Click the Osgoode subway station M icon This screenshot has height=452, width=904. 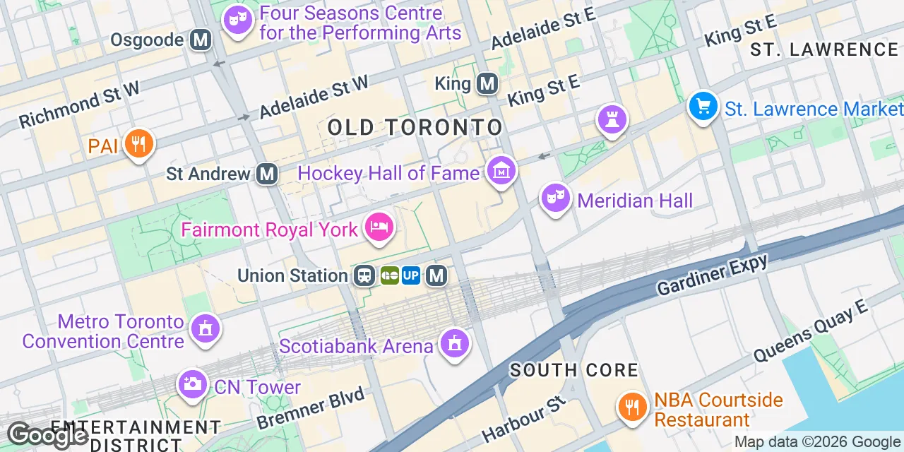coord(201,40)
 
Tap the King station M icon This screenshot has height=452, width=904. coord(487,84)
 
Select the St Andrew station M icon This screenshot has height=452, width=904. coord(266,173)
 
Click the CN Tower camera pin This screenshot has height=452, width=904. coord(192,385)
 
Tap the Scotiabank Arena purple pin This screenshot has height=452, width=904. coord(454,344)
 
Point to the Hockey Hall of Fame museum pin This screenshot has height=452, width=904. coord(501,171)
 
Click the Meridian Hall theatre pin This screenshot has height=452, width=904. coord(556,198)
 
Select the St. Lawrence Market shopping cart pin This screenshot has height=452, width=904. coord(703,107)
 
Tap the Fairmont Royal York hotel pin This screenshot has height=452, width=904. coord(379,227)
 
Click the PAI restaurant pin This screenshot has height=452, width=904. coord(138,144)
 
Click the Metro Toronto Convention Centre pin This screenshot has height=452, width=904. coord(206,328)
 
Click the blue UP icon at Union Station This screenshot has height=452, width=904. coord(411,275)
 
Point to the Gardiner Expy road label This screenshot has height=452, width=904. coord(712,275)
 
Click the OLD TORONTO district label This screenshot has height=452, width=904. coord(415,127)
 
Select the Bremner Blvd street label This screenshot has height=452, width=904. coord(311,408)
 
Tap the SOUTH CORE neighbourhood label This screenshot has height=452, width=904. coord(574,369)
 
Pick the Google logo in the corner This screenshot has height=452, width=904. coord(47,435)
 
